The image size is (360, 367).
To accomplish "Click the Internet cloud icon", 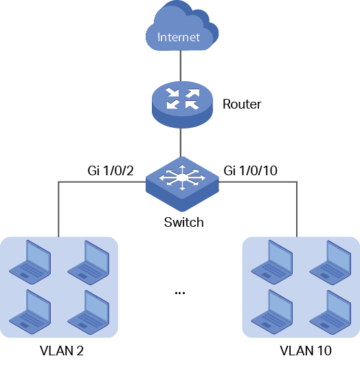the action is (x=182, y=25).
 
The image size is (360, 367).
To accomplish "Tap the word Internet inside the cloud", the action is (x=179, y=37).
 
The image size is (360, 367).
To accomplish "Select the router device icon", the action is (x=182, y=104).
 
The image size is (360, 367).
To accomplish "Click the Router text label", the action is (x=242, y=104).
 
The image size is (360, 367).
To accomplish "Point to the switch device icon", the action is (x=182, y=184).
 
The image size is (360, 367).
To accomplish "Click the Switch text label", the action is (x=183, y=222).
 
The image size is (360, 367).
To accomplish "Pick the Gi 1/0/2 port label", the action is (x=111, y=170).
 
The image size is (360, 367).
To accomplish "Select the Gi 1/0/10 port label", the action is (x=250, y=170).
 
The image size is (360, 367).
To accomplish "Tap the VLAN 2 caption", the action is (x=62, y=351).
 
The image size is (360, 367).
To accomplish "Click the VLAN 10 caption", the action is (x=306, y=351).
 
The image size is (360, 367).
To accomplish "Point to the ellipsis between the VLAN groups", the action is (x=180, y=293).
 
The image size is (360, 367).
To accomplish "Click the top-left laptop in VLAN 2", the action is (x=30, y=262).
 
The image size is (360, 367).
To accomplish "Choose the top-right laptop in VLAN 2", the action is (x=89, y=263).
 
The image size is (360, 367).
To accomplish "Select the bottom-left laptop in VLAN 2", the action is (x=30, y=312).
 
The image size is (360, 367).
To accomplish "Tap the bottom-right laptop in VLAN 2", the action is (x=89, y=312).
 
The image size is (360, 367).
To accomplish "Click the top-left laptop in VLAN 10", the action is (x=272, y=262).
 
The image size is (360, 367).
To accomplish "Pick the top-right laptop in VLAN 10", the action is (x=330, y=263).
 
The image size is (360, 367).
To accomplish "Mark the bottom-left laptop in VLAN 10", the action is (x=272, y=312).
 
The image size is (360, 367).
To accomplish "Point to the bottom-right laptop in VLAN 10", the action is (x=330, y=312).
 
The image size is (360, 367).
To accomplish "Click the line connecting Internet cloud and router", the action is (x=181, y=66).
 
